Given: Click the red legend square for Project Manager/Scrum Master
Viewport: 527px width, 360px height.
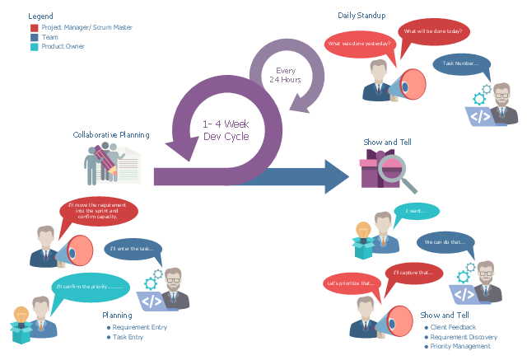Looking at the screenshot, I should click(x=33, y=27).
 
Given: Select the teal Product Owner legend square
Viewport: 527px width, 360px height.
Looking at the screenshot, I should click(x=33, y=47).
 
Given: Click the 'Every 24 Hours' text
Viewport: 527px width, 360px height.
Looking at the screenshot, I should click(x=285, y=75).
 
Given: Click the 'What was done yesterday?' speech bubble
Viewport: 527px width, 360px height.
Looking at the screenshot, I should click(x=358, y=44).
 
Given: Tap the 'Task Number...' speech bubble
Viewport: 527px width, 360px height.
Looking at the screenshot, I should click(x=461, y=63).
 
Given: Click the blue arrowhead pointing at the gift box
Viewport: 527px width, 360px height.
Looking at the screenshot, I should click(x=337, y=176).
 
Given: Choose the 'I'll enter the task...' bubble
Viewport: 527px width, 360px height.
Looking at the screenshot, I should click(x=135, y=248).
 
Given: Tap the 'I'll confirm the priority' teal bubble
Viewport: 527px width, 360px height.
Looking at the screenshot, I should click(x=91, y=287).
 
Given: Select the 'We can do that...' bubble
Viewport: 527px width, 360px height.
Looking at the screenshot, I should click(x=445, y=242).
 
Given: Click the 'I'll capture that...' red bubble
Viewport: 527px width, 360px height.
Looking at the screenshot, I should click(x=413, y=273).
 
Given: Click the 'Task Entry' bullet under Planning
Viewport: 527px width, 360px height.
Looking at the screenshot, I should click(x=128, y=337).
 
